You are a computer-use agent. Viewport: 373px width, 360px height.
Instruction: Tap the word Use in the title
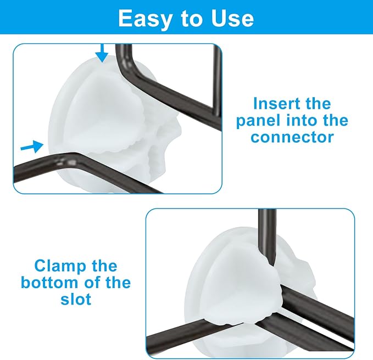232,18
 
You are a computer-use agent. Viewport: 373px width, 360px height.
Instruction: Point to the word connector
292,137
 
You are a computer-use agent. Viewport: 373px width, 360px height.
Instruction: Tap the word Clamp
60,266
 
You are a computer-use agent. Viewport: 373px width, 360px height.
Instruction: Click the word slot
76,299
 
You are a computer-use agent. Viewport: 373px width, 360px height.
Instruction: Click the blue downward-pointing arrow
102,53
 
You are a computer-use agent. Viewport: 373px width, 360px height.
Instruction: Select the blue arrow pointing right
32,147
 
